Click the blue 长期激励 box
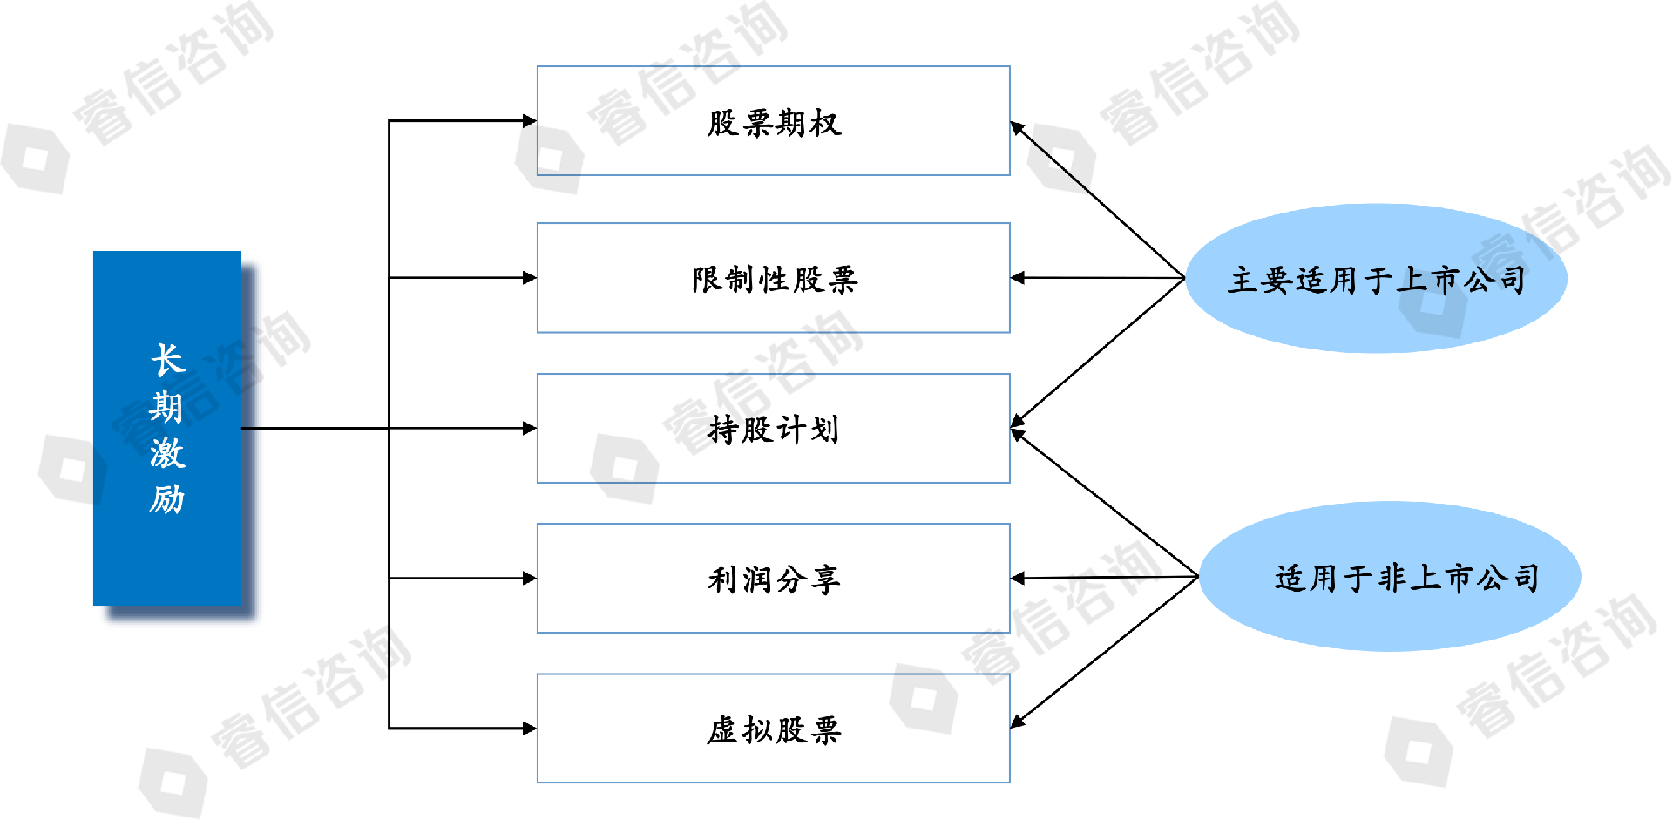click(x=167, y=428)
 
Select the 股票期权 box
click(x=773, y=121)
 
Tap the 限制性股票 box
click(x=773, y=278)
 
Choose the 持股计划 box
click(x=773, y=428)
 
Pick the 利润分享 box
click(x=773, y=578)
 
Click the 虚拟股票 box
click(x=773, y=728)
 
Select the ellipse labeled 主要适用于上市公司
click(x=1376, y=278)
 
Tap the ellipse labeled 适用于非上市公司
click(x=1390, y=576)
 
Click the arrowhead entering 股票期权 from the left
click(x=529, y=121)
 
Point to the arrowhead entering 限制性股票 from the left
click(x=529, y=278)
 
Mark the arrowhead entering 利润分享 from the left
click(x=529, y=578)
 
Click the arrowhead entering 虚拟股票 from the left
click(x=529, y=728)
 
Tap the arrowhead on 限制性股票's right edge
click(x=1018, y=278)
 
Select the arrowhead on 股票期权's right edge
click(x=1017, y=127)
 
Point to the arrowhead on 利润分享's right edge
click(x=1018, y=578)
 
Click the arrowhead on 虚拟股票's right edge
click(x=1017, y=722)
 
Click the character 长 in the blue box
click(x=167, y=360)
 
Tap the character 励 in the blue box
click(x=166, y=499)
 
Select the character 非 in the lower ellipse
click(x=1392, y=578)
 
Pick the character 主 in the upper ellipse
click(x=1243, y=280)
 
